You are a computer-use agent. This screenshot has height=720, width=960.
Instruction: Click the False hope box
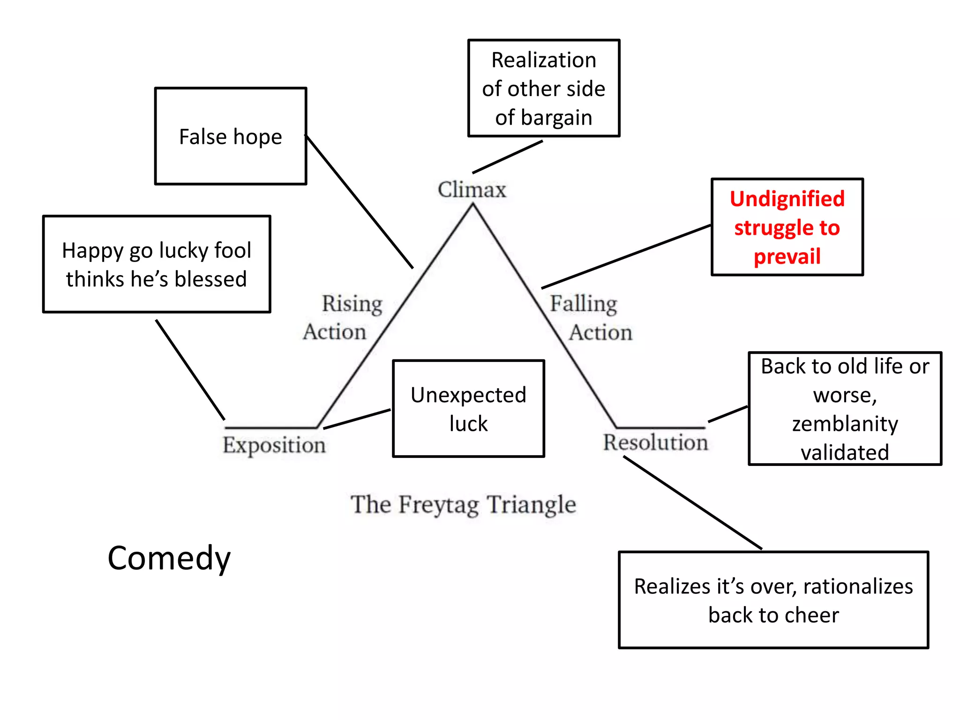tap(230, 136)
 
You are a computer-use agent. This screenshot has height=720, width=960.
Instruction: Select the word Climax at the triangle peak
tap(472, 190)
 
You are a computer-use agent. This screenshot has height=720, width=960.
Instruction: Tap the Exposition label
tap(274, 445)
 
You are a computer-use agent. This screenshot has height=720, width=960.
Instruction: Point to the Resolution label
tap(655, 442)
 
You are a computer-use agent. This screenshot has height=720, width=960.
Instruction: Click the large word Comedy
tap(169, 558)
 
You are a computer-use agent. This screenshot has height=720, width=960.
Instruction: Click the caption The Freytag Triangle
tap(463, 505)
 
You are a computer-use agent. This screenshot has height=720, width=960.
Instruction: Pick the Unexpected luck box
tap(468, 409)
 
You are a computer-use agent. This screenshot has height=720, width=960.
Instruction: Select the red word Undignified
tap(787, 199)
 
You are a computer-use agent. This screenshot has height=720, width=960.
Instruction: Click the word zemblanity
tap(845, 424)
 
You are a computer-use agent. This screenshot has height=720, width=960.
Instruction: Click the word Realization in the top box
tap(543, 60)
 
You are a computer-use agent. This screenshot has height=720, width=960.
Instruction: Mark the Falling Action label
tap(591, 318)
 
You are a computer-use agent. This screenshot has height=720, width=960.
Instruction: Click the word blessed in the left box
tap(210, 279)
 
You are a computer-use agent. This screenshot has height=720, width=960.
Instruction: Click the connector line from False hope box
tap(359, 202)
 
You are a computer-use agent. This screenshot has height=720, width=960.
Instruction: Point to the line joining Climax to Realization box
tap(507, 157)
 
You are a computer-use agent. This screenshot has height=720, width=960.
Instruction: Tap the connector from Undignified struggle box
tap(626, 256)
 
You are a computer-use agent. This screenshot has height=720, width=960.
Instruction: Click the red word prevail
tap(787, 257)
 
